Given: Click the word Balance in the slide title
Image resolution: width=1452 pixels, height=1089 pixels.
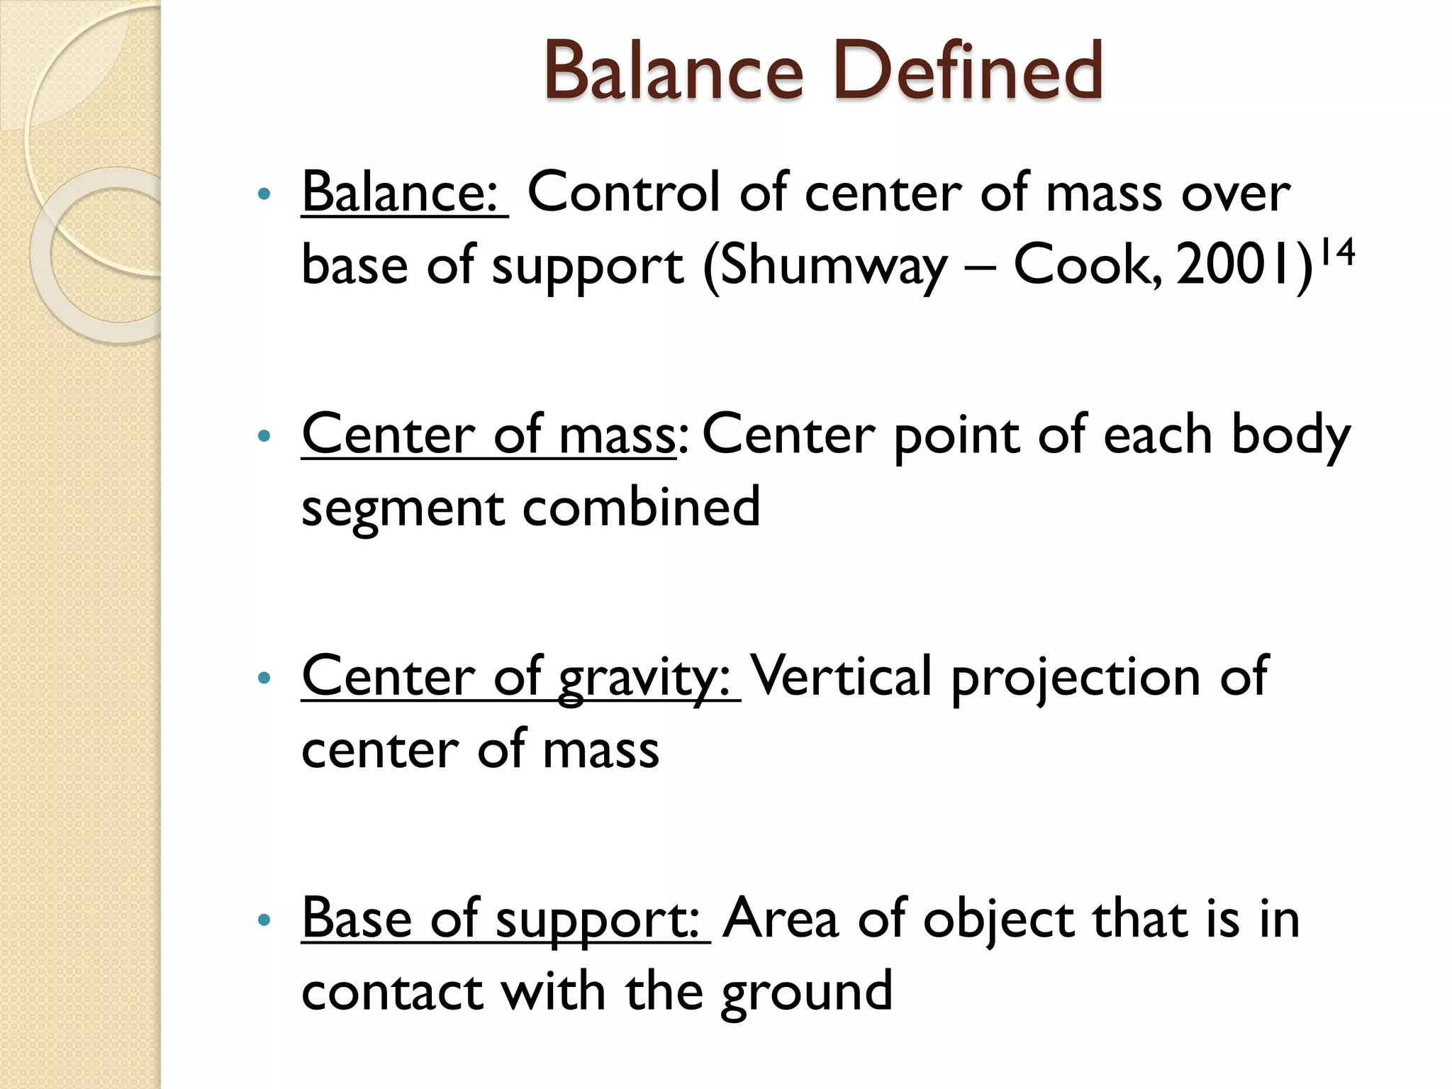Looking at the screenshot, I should [x=674, y=71].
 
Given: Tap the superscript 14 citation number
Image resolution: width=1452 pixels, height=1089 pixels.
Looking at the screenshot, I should [x=1337, y=252].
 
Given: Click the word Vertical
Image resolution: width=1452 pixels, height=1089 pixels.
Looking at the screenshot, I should [x=841, y=676].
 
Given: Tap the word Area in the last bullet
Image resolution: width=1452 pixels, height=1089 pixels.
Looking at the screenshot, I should [x=781, y=919].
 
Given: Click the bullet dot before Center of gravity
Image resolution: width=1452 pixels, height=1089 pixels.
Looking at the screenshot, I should [x=264, y=678].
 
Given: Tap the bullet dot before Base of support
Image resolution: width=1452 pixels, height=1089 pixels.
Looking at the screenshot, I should [x=264, y=920].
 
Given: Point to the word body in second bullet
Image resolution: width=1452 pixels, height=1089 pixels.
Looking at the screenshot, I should [x=1290, y=435].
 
